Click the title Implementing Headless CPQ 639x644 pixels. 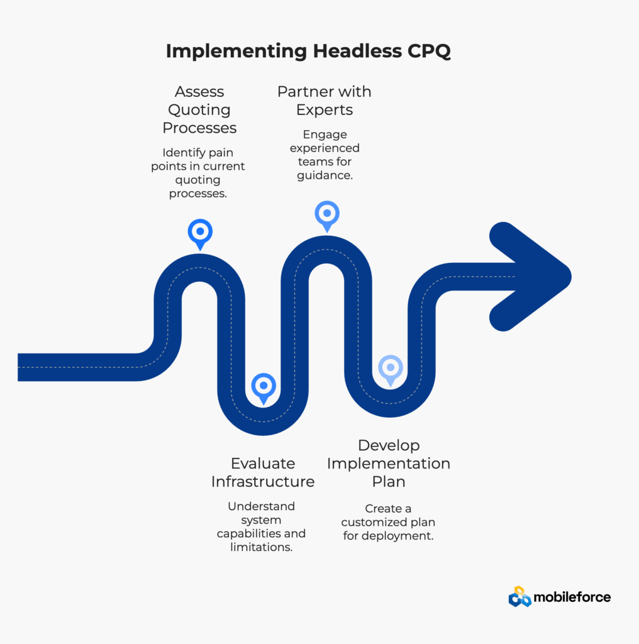(x=308, y=52)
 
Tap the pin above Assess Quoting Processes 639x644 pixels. (x=200, y=232)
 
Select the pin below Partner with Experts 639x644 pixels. (x=326, y=214)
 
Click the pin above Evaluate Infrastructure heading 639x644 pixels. (x=264, y=386)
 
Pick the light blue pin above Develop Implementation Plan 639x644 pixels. (x=391, y=369)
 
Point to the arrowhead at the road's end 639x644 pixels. (x=535, y=276)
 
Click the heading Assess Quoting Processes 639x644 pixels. (x=199, y=110)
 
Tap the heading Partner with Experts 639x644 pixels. (x=325, y=101)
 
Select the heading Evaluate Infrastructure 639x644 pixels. (x=263, y=472)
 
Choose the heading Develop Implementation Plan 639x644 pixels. (x=389, y=464)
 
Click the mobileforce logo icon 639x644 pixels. (x=520, y=596)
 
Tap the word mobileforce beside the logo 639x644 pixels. (x=572, y=597)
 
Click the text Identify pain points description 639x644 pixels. (x=198, y=173)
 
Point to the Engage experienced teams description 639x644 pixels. (x=325, y=155)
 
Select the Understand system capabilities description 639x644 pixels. (x=262, y=526)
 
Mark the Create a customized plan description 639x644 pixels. (x=389, y=522)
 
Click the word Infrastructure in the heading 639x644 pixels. (x=263, y=482)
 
